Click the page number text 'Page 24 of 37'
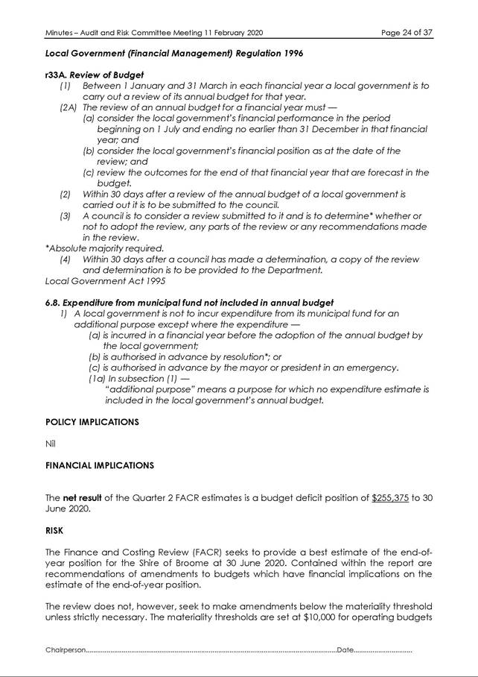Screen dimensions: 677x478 pyautogui.click(x=406, y=33)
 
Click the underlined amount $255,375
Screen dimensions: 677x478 pyautogui.click(x=391, y=498)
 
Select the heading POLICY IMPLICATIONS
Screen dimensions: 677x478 pyautogui.click(x=92, y=422)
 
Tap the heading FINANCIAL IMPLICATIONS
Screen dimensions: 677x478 pyautogui.click(x=100, y=465)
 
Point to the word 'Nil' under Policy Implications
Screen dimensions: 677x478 pyautogui.click(x=51, y=444)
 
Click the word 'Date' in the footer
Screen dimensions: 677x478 pyautogui.click(x=345, y=651)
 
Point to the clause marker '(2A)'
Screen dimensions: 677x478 pyautogui.click(x=68, y=107)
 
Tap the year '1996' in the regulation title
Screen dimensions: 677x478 pyautogui.click(x=290, y=54)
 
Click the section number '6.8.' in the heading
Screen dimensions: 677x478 pyautogui.click(x=52, y=302)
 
